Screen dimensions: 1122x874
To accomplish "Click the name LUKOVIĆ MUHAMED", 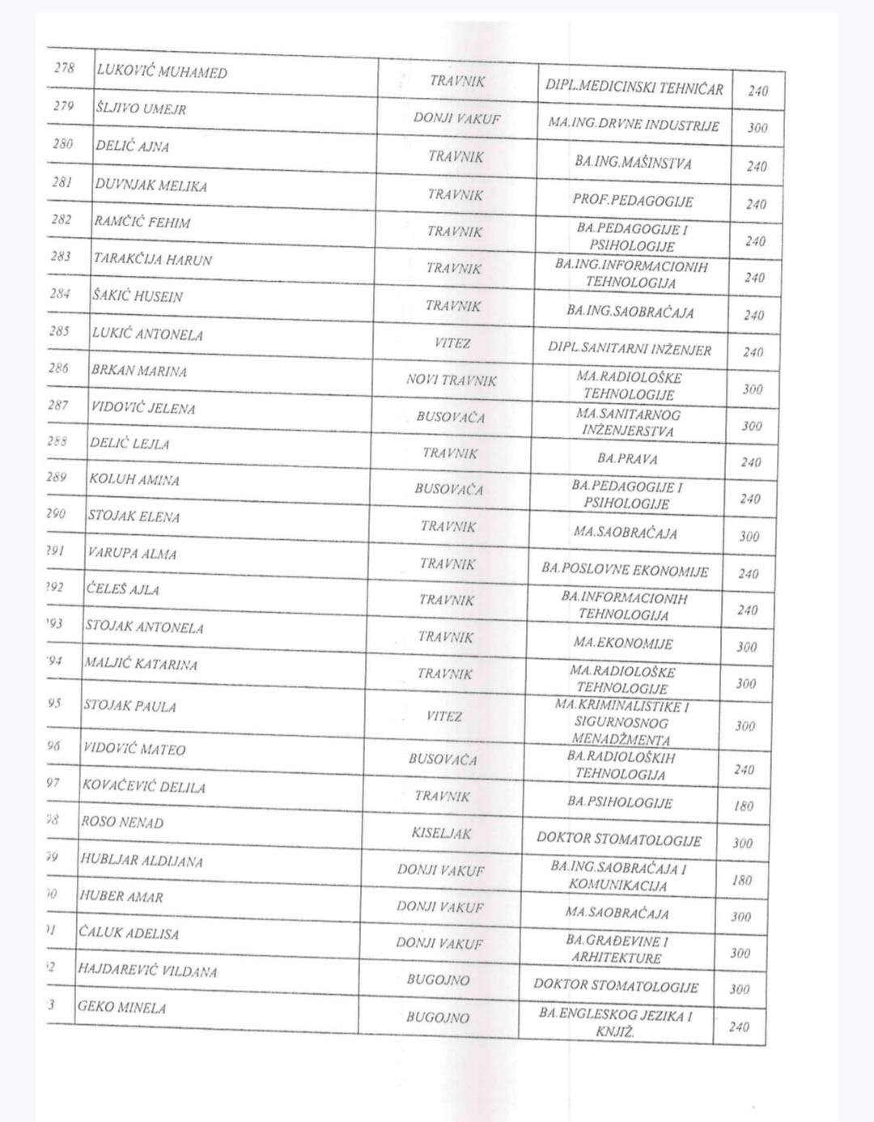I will [162, 72].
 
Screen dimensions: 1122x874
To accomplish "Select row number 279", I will [63, 106].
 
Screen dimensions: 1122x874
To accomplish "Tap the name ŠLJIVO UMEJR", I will [141, 108].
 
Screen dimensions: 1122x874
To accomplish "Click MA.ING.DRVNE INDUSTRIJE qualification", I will [634, 125].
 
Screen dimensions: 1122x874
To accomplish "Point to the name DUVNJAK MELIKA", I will [151, 185].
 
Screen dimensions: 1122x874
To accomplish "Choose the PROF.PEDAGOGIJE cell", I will [633, 200].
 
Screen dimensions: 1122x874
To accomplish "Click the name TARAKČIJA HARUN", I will [153, 260].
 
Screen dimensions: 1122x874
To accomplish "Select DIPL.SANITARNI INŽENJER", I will [630, 349].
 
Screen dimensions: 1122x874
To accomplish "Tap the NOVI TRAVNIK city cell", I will [452, 380].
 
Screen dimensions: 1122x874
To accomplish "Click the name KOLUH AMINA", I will [134, 479].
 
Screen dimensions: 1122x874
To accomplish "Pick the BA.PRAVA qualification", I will [627, 458].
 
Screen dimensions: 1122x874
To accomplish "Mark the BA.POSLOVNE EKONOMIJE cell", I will [625, 570].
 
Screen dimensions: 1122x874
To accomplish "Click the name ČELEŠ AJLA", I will [123, 589].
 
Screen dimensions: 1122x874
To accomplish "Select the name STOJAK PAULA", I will [129, 706].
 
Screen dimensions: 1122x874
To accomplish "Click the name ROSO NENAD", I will [122, 822].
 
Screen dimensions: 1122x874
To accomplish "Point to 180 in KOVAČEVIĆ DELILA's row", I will [743, 806].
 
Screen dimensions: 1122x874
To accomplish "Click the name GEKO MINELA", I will [122, 1008].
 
